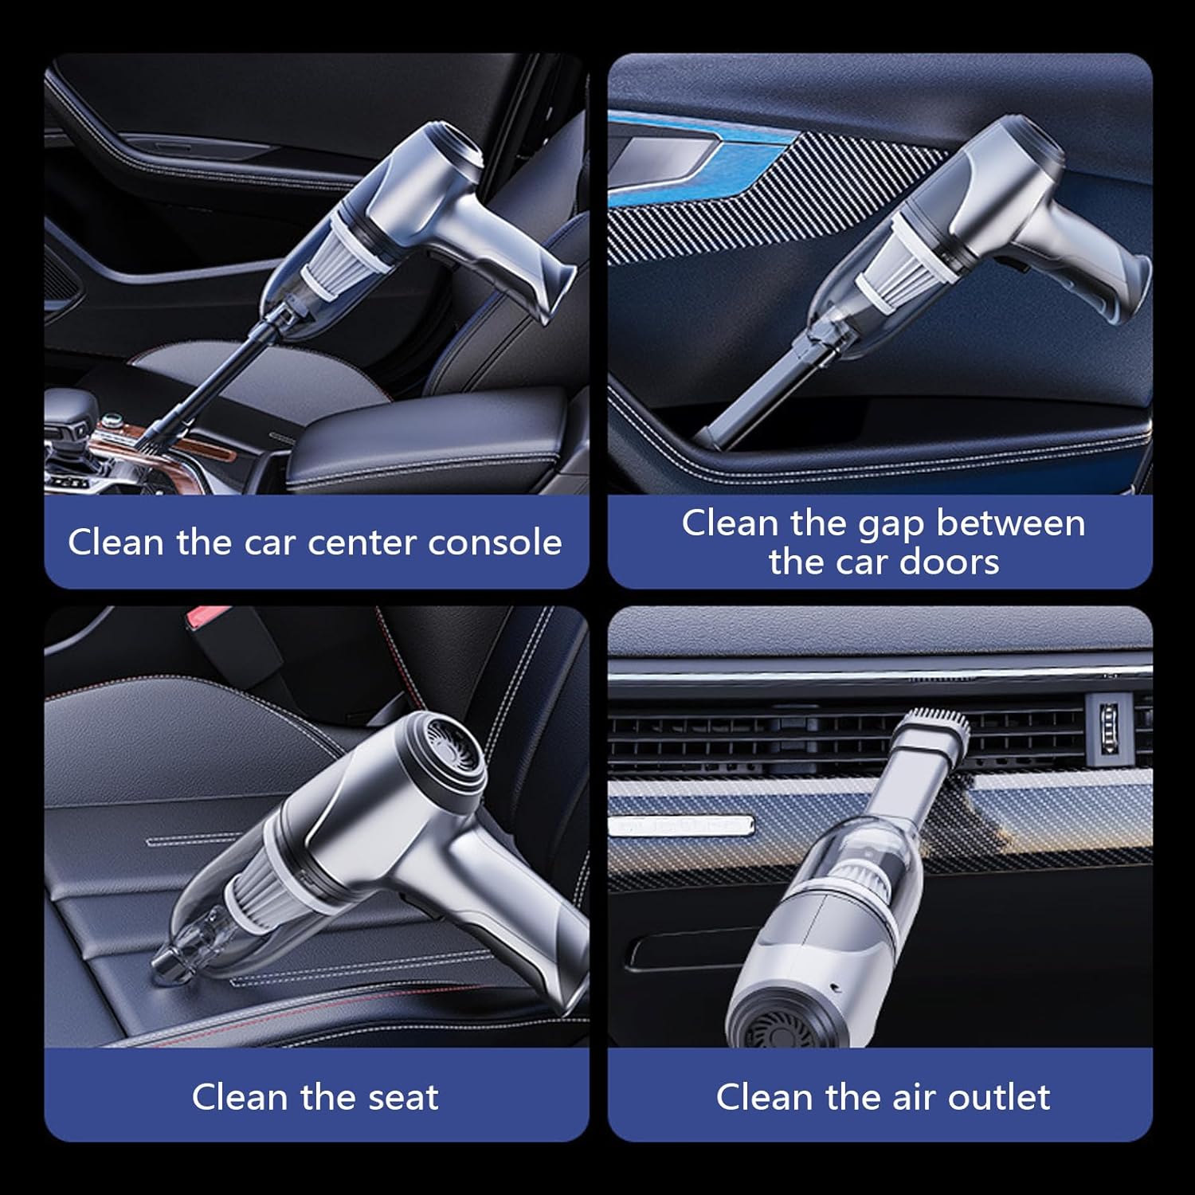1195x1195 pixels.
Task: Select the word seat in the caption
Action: tap(403, 1097)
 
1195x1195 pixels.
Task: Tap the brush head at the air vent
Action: tap(940, 720)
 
